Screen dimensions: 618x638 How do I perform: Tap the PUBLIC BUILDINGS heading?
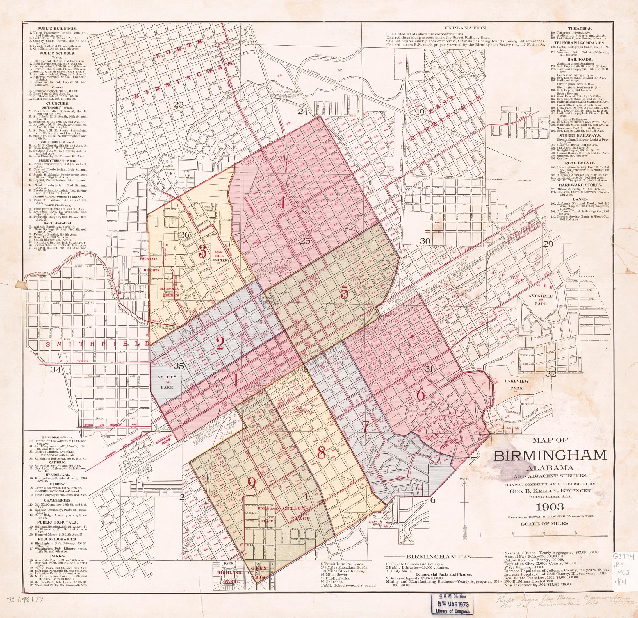57,29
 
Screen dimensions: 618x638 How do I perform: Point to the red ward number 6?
421,395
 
